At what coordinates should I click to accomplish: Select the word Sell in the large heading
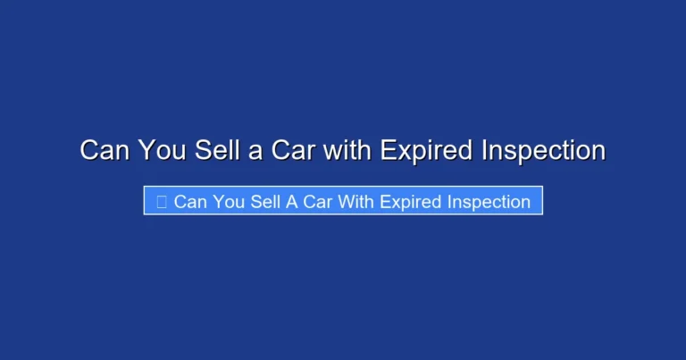click(216, 150)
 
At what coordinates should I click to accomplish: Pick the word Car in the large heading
click(293, 150)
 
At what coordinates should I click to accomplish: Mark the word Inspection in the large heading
click(543, 150)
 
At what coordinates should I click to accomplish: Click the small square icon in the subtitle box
click(161, 202)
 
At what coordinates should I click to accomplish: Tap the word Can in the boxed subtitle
click(189, 202)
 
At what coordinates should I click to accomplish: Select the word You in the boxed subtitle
click(230, 202)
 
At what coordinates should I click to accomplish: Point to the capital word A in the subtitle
click(292, 202)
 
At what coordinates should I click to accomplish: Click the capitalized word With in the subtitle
click(356, 202)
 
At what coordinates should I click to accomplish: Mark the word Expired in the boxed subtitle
click(410, 202)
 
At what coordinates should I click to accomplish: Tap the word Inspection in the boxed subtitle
click(488, 202)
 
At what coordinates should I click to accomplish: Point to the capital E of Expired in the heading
click(389, 150)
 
